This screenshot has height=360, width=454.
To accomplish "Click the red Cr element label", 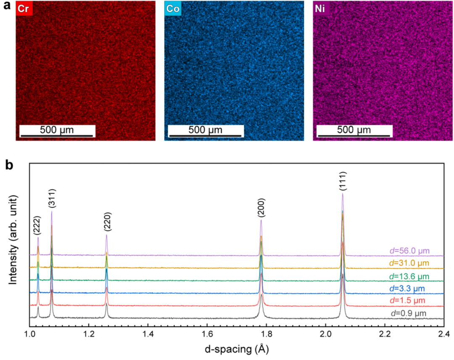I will [x=24, y=9].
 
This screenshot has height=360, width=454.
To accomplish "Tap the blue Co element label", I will [x=173, y=9].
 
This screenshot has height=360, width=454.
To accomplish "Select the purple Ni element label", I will [x=321, y=9].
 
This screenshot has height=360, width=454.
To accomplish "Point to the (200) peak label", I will [x=261, y=209].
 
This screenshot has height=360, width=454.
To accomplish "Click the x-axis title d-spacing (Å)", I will [x=237, y=349].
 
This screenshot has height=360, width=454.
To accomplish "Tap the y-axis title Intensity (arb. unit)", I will [x=14, y=240].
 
